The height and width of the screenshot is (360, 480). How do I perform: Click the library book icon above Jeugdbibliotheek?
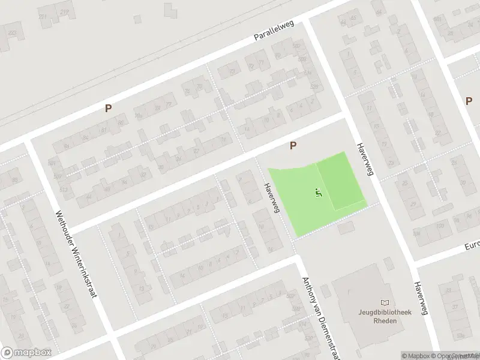pos(385,302)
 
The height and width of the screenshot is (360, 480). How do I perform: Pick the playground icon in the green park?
pos(319,193)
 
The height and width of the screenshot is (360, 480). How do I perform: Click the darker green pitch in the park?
pos(340,180)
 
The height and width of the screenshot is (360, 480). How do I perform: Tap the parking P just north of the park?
pos(293,145)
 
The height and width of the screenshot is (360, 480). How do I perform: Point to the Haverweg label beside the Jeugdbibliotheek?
pos(419,298)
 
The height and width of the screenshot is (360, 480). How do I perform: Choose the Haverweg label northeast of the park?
pos(365,159)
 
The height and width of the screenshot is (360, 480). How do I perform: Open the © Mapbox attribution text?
pos(415,356)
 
